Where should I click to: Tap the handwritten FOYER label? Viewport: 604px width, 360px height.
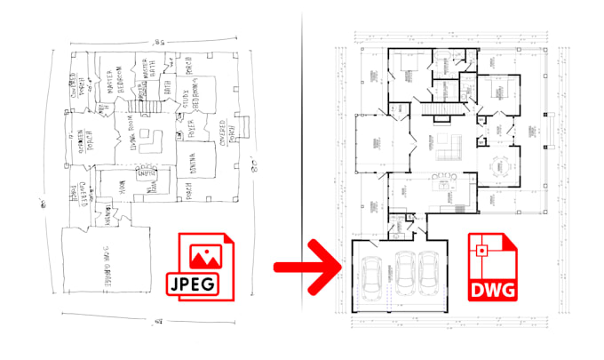[189, 131]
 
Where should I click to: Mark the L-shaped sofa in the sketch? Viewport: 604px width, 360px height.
[155, 140]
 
